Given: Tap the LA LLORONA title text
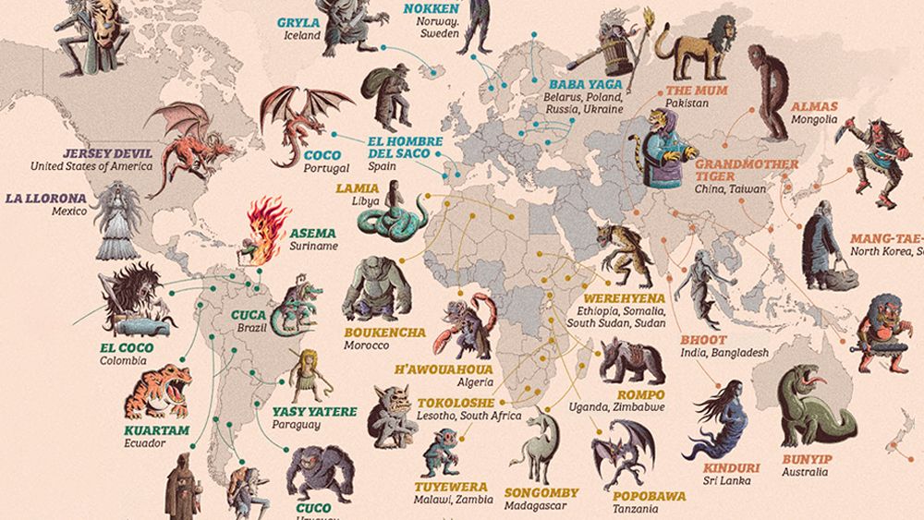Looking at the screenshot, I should pos(45,198).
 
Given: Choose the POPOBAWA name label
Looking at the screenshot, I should pos(649,496).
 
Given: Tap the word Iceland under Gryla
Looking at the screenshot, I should pos(301,36).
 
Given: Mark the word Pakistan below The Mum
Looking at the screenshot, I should pos(687,104).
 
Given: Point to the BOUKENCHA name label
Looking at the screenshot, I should pos(384,333).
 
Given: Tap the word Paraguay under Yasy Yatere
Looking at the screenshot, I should pos(296,425).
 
